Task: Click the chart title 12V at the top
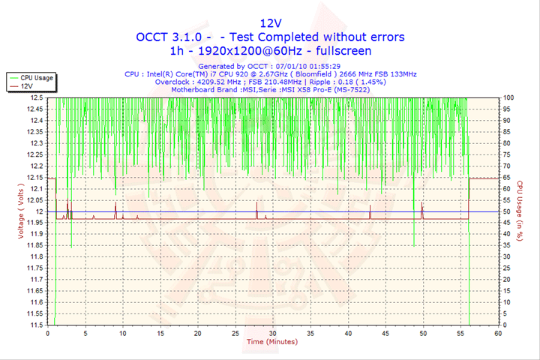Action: (x=270, y=22)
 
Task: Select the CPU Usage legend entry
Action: (x=36, y=77)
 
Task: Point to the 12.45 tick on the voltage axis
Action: (x=34, y=109)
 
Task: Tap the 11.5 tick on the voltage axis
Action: (x=36, y=325)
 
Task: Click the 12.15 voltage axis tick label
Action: (x=34, y=177)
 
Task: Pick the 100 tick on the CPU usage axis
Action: (x=509, y=97)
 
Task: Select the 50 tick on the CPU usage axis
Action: (x=507, y=211)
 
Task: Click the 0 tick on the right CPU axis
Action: (x=505, y=325)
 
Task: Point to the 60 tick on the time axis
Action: (x=498, y=333)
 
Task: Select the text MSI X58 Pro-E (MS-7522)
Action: (x=339, y=89)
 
